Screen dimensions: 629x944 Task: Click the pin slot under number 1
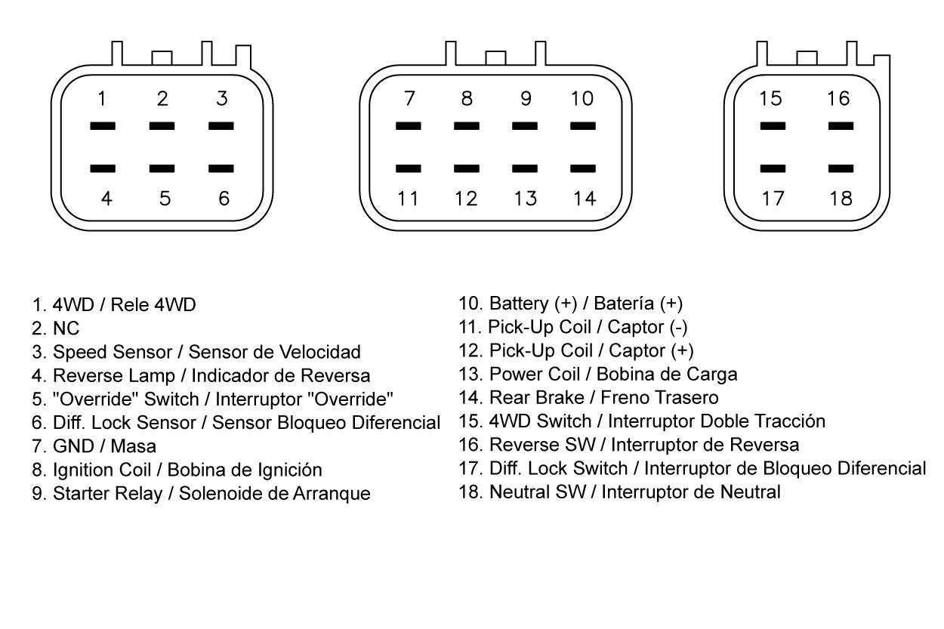click(x=103, y=126)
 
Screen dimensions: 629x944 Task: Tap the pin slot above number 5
click(x=162, y=168)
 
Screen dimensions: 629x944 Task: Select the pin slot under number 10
click(x=582, y=126)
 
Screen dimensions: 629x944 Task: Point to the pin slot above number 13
click(x=525, y=168)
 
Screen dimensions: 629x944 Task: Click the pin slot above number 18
click(x=841, y=168)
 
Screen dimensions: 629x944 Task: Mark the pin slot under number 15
click(x=773, y=126)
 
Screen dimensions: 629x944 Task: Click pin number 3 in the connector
click(x=221, y=99)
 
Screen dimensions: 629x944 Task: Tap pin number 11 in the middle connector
click(x=408, y=199)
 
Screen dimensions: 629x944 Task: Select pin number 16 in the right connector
click(x=838, y=99)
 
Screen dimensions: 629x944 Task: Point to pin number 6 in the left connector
click(x=224, y=199)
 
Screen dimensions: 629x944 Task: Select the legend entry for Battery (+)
click(x=570, y=304)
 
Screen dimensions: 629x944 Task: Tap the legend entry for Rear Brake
click(x=588, y=397)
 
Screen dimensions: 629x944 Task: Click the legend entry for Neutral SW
click(x=619, y=492)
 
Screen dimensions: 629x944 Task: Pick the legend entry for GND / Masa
click(x=94, y=446)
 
